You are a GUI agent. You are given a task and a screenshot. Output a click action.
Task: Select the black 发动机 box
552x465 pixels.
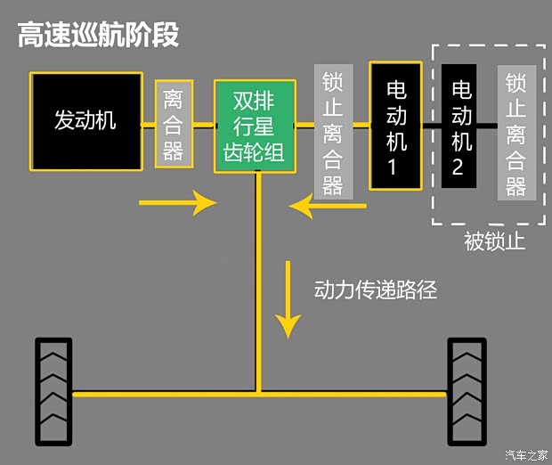(85, 121)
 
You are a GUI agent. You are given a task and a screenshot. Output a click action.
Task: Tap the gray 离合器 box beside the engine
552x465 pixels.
(174, 124)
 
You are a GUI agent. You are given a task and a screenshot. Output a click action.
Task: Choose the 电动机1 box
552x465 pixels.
(396, 126)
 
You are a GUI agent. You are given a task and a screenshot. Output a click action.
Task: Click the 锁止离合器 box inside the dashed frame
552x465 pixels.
(516, 135)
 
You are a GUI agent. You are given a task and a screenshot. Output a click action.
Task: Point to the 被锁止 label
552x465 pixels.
(495, 242)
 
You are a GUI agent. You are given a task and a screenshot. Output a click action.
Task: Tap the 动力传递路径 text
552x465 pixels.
(376, 290)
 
